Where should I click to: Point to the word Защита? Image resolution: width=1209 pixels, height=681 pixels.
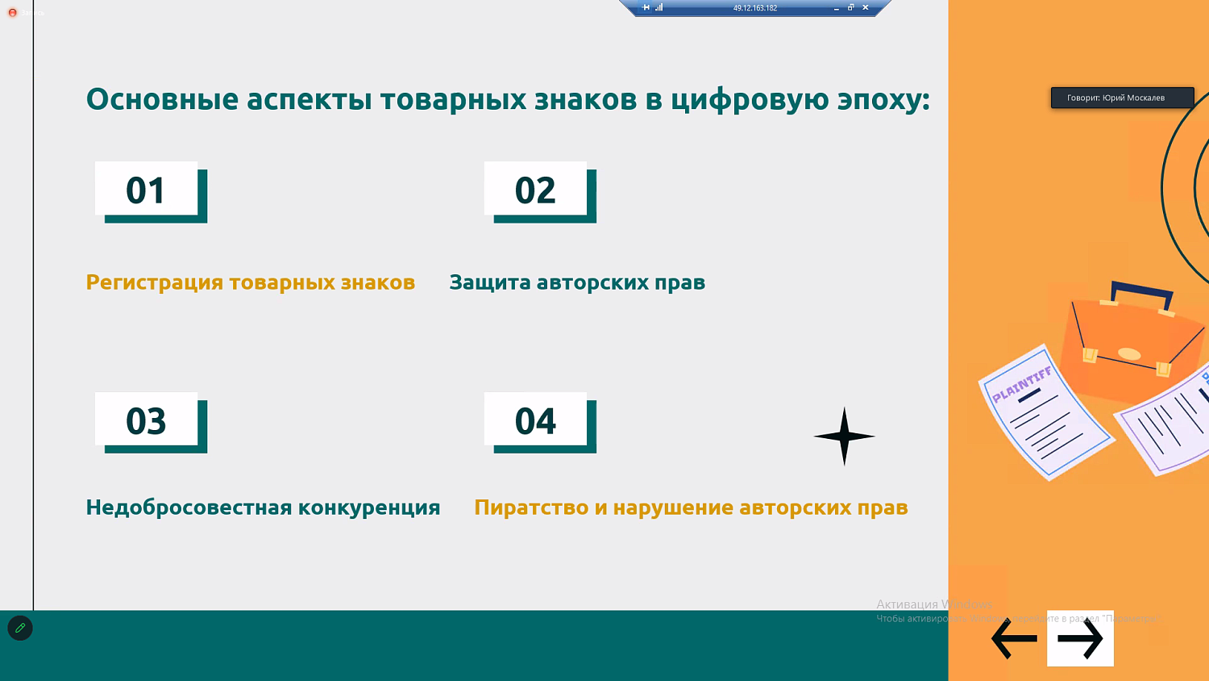(489, 282)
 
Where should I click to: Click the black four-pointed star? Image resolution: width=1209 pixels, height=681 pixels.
(844, 437)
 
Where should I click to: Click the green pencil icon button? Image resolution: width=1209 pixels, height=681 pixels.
(20, 628)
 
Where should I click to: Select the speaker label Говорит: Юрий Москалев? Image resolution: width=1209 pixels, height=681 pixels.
(1122, 98)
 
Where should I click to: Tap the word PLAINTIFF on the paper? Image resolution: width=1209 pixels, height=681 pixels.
(1021, 384)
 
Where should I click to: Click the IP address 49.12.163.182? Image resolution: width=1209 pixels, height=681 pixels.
(754, 8)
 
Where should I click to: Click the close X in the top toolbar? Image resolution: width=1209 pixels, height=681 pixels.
(866, 7)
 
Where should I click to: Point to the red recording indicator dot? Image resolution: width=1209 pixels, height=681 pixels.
(12, 13)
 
